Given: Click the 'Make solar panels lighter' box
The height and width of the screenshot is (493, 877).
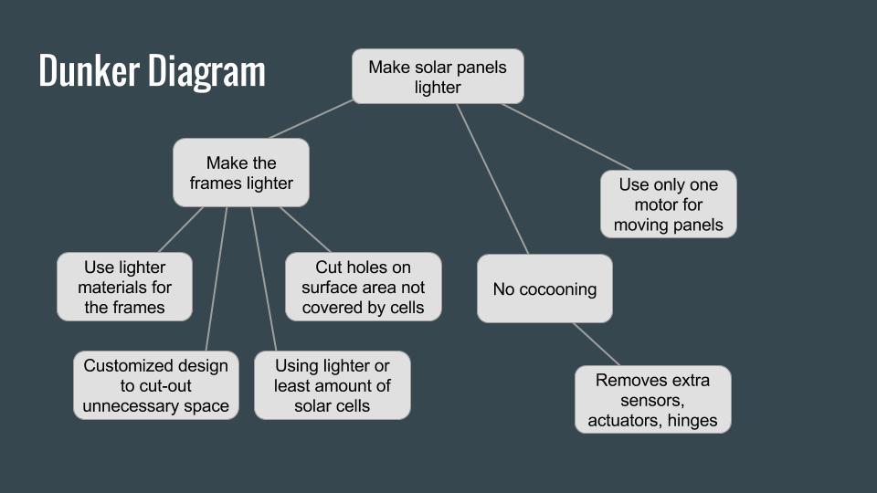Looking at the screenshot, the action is click(438, 77).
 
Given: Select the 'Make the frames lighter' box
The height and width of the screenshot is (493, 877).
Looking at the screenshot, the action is click(241, 173).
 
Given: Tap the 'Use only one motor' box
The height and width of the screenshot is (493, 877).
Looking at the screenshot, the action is click(669, 204).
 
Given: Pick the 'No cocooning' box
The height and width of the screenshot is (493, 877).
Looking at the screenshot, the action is click(544, 288).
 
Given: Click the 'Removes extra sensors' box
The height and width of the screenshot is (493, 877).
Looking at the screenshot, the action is click(652, 400).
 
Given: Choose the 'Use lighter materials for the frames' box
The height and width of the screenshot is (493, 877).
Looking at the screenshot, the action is click(125, 287).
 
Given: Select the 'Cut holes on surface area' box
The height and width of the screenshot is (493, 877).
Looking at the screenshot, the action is click(364, 287).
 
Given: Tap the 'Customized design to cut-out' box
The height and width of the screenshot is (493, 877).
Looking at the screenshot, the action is click(156, 385).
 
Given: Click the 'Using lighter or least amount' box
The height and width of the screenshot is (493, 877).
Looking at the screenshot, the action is click(333, 385).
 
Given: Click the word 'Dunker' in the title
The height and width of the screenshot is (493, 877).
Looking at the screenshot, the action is click(89, 70).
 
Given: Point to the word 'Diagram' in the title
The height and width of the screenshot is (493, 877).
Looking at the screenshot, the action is click(207, 73).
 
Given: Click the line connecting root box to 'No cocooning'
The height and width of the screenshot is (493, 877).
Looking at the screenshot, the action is click(492, 180).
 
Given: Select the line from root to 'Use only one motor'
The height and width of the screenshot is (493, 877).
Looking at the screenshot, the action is click(566, 137).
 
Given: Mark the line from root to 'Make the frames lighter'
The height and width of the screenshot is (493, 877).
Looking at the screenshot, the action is click(311, 119).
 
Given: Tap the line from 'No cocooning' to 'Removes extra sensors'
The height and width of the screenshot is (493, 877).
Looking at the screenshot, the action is click(597, 344).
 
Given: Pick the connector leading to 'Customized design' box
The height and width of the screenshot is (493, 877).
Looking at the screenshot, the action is click(217, 279).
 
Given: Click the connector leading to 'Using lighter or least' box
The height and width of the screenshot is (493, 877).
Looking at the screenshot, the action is click(263, 279).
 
